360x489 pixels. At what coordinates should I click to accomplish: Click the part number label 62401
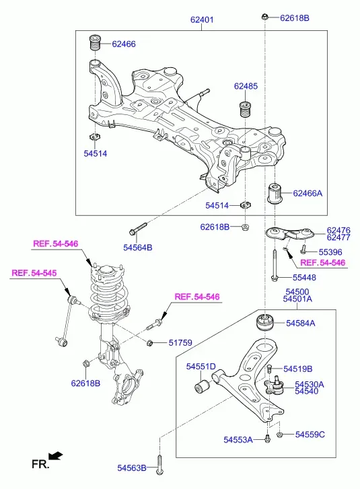click(202, 20)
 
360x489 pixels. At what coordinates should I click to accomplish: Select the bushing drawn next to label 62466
click(95, 43)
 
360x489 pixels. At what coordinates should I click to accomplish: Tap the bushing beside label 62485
click(245, 109)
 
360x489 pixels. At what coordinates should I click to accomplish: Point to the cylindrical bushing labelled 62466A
click(275, 193)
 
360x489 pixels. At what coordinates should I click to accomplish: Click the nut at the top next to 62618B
click(265, 17)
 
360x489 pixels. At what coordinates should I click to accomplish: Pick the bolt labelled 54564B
click(137, 228)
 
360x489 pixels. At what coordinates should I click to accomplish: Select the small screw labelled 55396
click(303, 249)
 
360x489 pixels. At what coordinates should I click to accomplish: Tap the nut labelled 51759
click(149, 343)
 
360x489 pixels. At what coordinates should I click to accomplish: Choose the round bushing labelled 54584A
click(264, 323)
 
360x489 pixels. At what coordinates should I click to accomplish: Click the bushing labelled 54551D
click(202, 386)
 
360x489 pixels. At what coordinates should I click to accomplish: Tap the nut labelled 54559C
click(280, 434)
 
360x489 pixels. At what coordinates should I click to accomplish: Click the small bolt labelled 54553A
click(267, 439)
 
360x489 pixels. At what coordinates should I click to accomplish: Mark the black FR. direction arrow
click(56, 456)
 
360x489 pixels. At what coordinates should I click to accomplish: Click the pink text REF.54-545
click(34, 273)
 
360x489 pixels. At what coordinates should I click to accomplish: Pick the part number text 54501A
click(297, 299)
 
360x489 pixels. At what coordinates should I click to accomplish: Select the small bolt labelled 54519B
click(270, 369)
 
